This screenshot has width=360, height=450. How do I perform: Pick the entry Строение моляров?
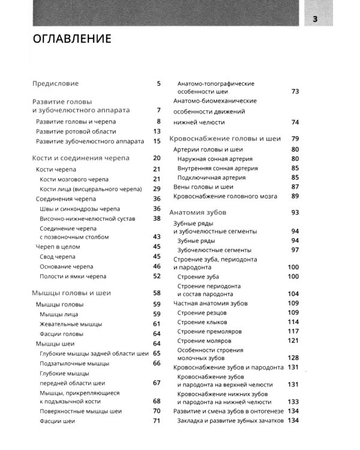[x=206, y=341]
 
